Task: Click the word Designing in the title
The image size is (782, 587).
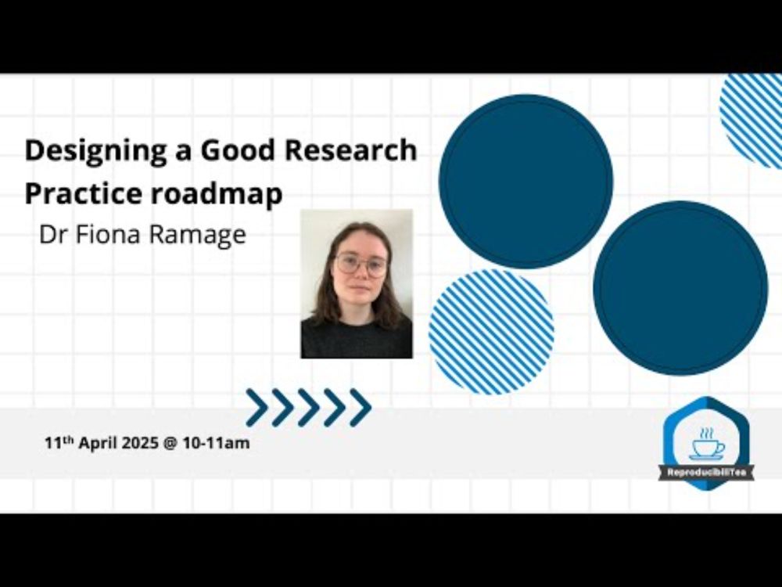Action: click(95, 151)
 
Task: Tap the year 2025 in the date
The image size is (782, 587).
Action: click(140, 443)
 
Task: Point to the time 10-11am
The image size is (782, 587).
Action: click(216, 443)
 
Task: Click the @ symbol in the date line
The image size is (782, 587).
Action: click(170, 443)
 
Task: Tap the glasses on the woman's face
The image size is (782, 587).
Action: click(361, 264)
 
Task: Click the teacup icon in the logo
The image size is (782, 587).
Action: click(707, 444)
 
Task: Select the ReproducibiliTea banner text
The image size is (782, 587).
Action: click(706, 472)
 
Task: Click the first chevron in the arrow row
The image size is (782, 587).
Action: click(256, 407)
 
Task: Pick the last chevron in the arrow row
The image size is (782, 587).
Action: click(361, 407)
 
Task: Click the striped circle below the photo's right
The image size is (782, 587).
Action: click(491, 332)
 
